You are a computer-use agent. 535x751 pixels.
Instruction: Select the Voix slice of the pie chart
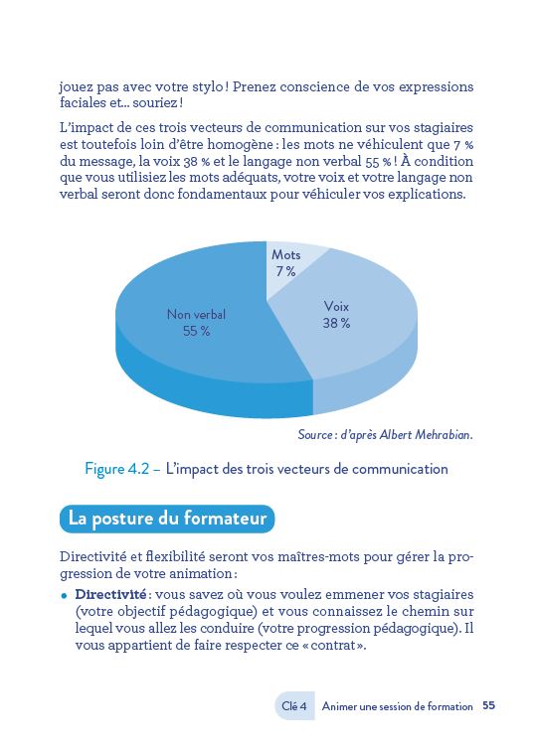348,328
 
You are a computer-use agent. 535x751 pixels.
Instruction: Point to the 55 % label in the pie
197,332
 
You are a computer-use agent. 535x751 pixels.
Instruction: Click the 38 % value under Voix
336,324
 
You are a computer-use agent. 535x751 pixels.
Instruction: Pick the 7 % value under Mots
286,272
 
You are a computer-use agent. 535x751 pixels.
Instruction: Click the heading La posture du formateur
166,519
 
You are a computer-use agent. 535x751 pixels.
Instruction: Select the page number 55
489,706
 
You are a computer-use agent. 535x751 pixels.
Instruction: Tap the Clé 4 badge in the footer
294,706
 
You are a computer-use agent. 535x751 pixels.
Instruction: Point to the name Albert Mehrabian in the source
430,435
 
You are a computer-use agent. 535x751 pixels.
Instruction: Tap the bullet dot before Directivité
65,594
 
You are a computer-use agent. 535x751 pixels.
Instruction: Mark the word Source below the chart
317,435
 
